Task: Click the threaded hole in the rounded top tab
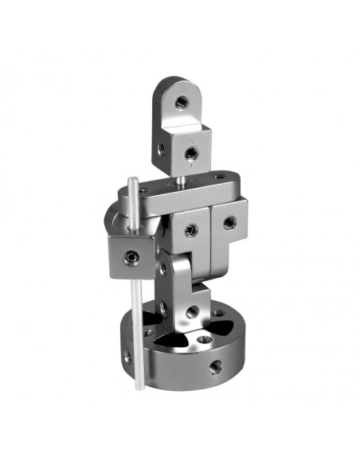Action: point(181,102)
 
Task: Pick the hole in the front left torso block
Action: point(190,231)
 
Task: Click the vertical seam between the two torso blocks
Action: point(209,231)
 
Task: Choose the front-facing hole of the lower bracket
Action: point(192,311)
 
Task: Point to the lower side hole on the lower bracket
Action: point(164,307)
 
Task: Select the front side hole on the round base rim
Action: point(213,368)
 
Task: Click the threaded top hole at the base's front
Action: point(205,339)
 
